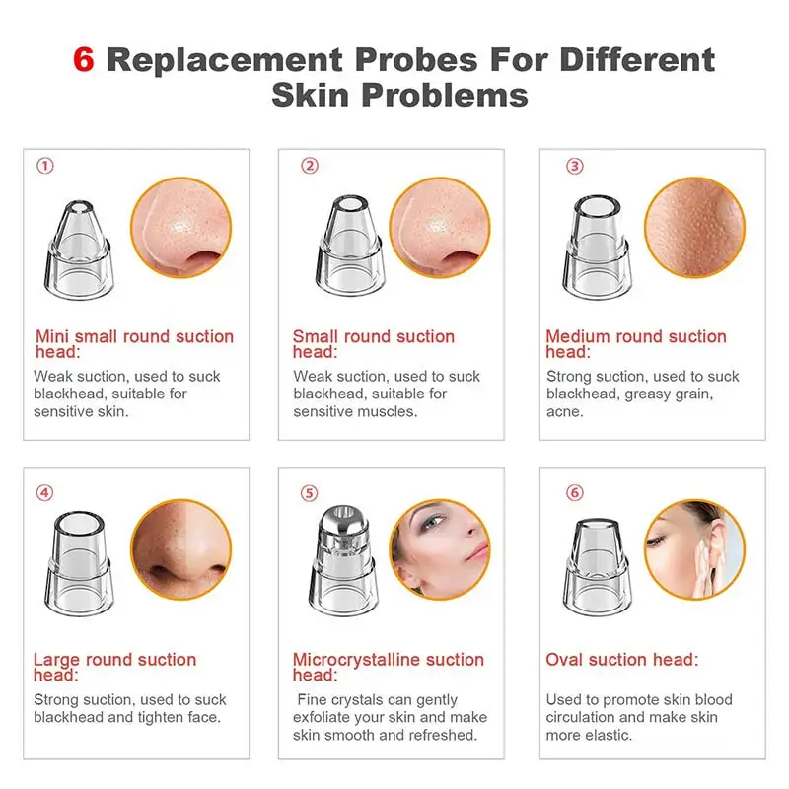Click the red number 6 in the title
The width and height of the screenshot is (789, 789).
(x=85, y=59)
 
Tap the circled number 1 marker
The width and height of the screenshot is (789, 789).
(x=44, y=166)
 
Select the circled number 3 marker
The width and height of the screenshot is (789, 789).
(x=575, y=166)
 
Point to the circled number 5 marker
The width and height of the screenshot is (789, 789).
(x=310, y=493)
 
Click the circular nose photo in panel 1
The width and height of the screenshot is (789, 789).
(x=180, y=228)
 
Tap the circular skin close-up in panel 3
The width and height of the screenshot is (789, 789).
(x=694, y=228)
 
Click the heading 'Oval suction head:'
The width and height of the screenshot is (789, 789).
(x=621, y=660)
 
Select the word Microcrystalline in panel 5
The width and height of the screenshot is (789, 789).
(x=365, y=660)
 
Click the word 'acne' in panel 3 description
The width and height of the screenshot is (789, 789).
(x=564, y=411)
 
